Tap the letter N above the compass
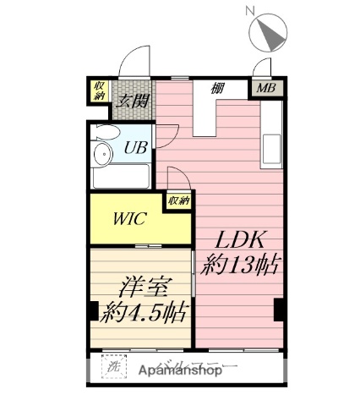[249, 9]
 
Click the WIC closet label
[131, 218]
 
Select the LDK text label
[237, 239]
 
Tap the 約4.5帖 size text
[143, 312]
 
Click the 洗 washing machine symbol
[112, 369]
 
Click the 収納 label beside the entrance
[100, 91]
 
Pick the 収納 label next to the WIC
[177, 201]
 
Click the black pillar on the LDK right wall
[277, 310]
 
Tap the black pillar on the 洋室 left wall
[91, 310]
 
